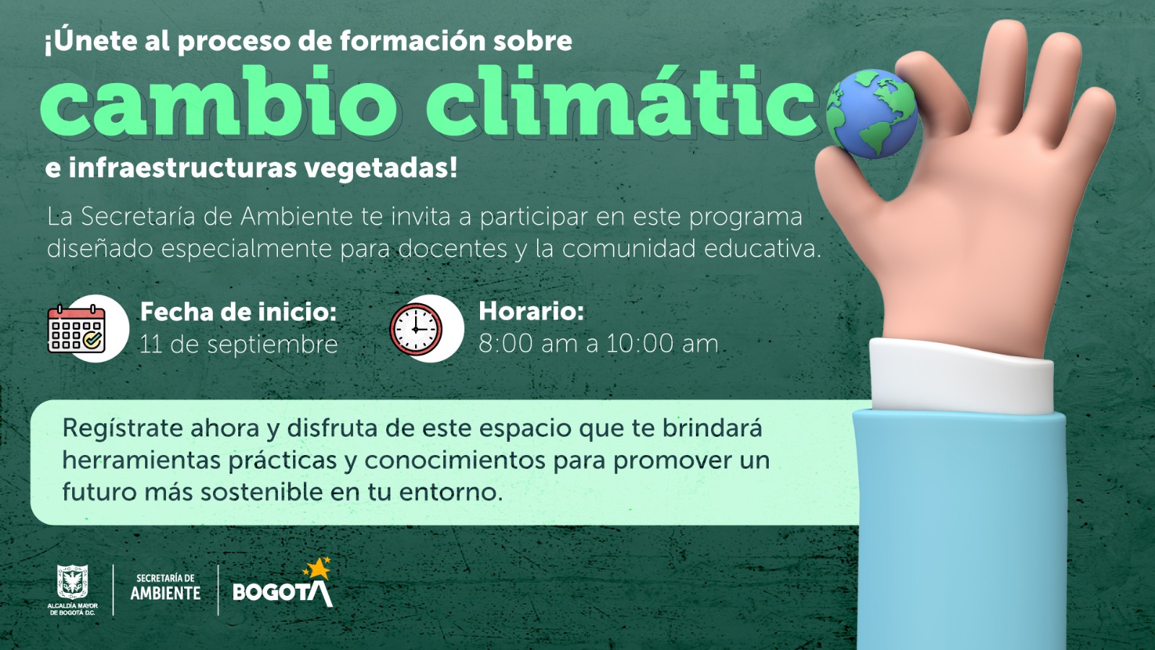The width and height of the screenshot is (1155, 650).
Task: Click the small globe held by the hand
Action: tap(871, 113)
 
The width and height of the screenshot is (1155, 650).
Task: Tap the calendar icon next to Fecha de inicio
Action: tap(77, 329)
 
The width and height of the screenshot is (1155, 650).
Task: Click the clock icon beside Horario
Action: tap(416, 329)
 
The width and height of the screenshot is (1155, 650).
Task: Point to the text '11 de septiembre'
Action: tap(239, 344)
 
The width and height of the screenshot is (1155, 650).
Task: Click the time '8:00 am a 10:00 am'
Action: tap(598, 344)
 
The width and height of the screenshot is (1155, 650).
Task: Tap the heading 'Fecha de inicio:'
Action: tap(238, 312)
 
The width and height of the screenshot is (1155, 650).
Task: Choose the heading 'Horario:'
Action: tap(531, 311)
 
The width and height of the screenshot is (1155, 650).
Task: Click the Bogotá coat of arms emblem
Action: tap(73, 582)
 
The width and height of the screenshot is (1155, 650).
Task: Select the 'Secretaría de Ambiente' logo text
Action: tap(165, 587)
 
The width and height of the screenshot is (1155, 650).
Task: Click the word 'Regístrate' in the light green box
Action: tap(123, 429)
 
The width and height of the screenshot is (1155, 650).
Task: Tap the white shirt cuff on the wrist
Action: tap(960, 376)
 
